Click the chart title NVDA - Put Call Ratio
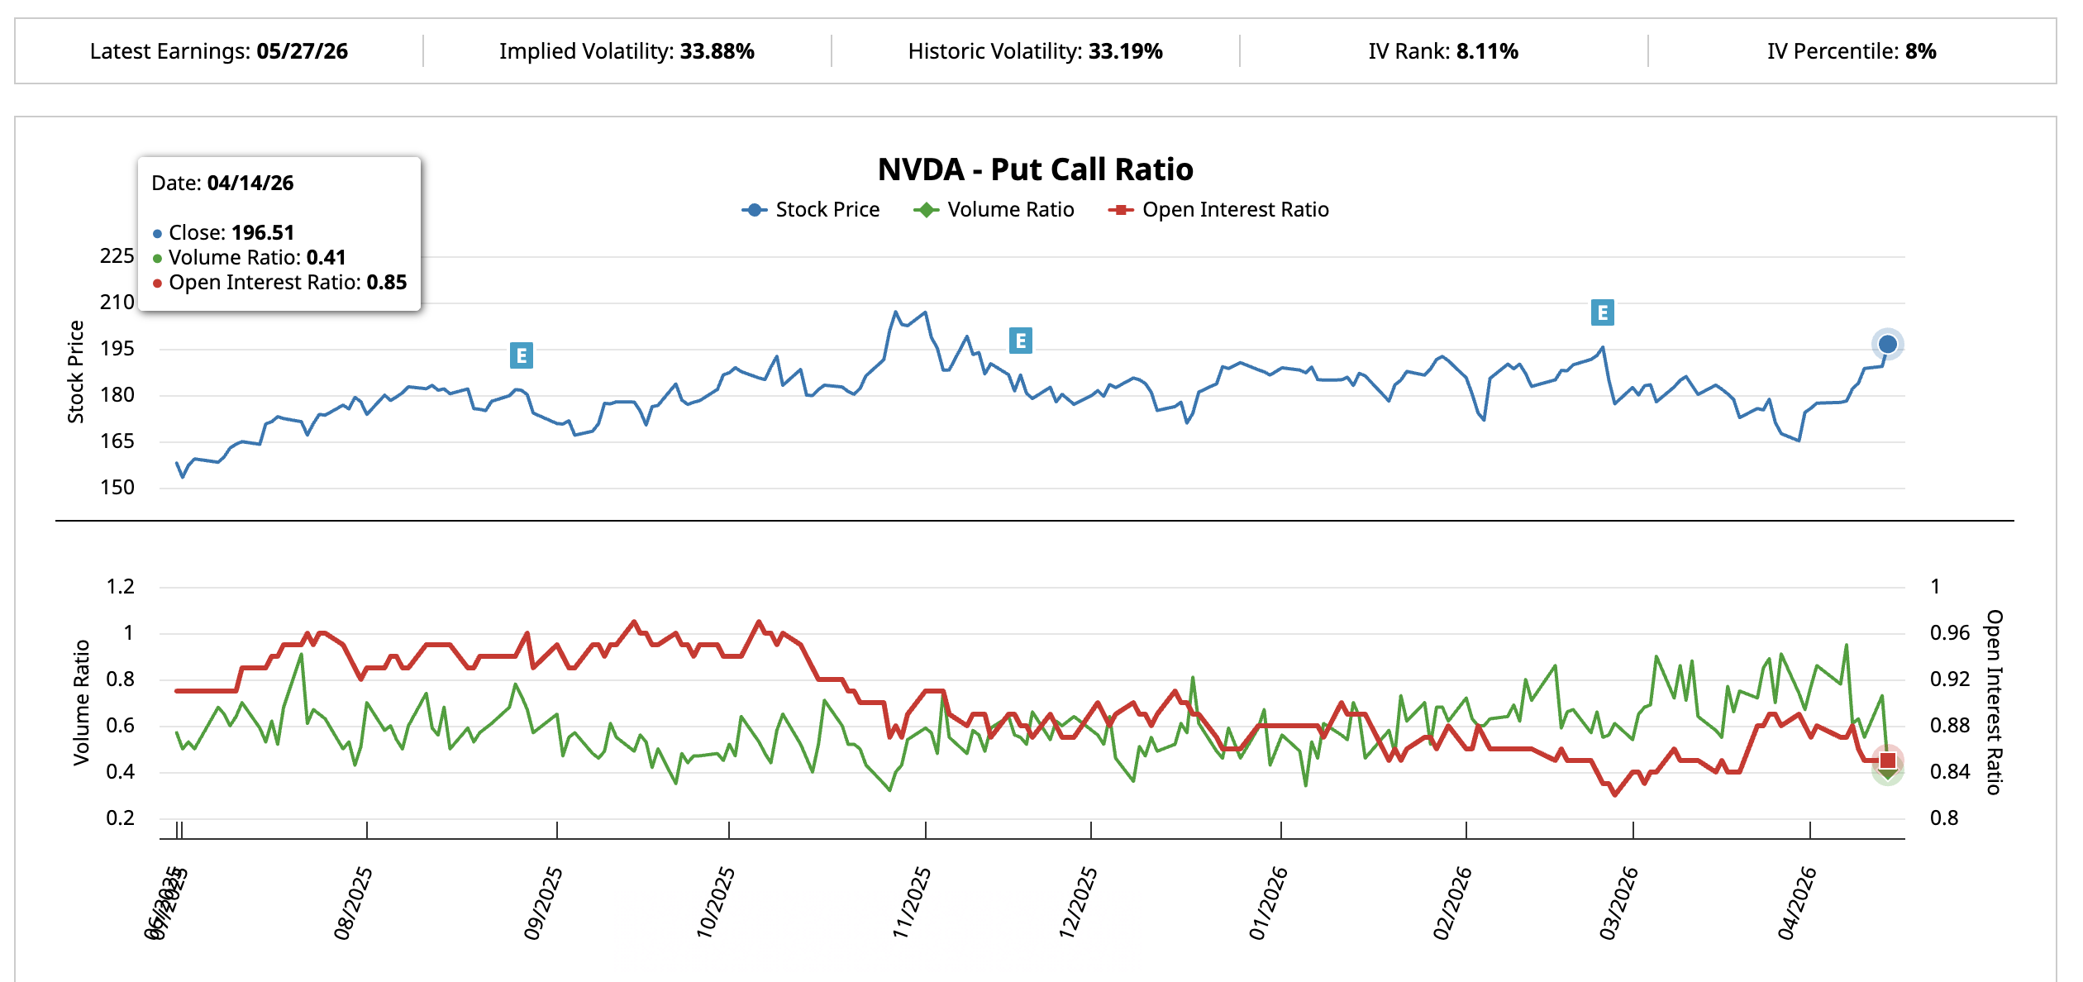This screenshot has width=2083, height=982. (1035, 169)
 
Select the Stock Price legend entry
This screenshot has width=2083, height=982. (811, 210)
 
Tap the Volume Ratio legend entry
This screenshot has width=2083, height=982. (994, 210)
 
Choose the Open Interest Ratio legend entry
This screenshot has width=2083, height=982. (1218, 210)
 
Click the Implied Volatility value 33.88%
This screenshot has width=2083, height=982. (717, 51)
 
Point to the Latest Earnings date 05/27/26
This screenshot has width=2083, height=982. (302, 51)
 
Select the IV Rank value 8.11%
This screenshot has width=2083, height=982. (1486, 51)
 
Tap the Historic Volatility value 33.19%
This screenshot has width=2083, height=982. (1125, 51)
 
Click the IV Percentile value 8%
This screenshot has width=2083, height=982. (1920, 51)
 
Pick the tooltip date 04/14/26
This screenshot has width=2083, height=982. (250, 183)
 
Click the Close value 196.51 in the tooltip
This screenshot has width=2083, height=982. (262, 232)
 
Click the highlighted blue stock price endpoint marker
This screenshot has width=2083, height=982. (1887, 344)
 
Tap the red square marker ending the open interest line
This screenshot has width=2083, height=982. (1888, 760)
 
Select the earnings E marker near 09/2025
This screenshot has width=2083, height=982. (521, 355)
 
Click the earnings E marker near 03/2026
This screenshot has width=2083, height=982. (1602, 312)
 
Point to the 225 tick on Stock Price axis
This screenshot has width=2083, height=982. (117, 256)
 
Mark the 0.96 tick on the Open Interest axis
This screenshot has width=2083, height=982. (1949, 633)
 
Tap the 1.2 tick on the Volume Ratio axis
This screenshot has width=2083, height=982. (120, 587)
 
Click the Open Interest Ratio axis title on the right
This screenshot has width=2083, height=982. (1994, 702)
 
